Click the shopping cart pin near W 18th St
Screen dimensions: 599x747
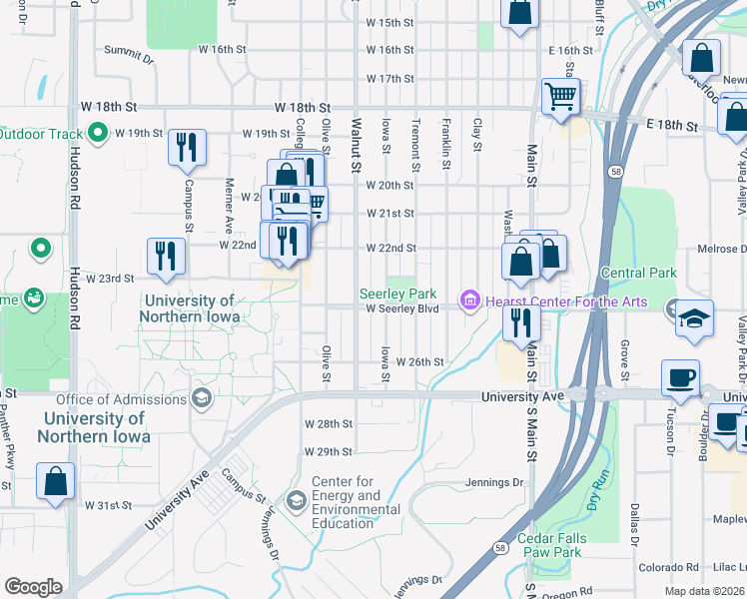[x=560, y=97]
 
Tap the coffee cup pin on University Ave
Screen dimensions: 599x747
[x=681, y=377]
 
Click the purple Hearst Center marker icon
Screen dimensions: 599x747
[x=466, y=300]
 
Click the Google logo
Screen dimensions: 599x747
[x=33, y=586]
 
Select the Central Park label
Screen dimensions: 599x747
[x=638, y=273]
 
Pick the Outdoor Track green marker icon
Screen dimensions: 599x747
[x=98, y=132]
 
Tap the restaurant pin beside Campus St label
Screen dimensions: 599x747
[x=187, y=147]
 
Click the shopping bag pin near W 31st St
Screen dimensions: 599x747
[x=55, y=480]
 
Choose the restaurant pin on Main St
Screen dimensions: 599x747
[x=521, y=322]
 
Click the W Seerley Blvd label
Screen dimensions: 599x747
[x=402, y=308]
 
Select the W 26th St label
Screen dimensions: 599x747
[x=419, y=361]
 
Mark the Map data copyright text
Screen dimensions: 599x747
[x=705, y=591]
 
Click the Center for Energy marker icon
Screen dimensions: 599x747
[x=297, y=499]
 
